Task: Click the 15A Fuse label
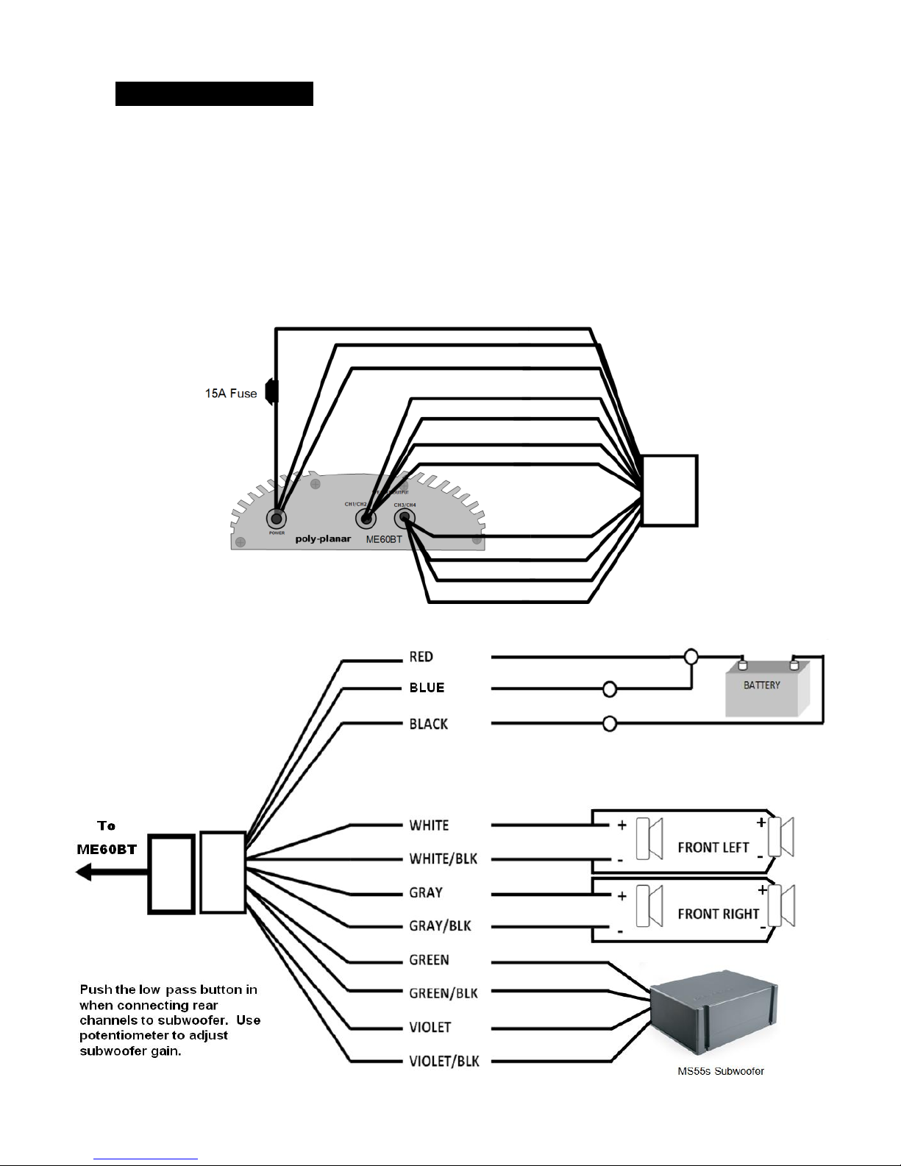231,394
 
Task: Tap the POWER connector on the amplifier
277,519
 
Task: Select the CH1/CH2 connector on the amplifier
366,519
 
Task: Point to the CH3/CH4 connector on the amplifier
404,519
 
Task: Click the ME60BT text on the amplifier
384,539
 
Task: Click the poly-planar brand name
323,538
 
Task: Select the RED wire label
421,656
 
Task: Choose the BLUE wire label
427,688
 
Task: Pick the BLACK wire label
429,724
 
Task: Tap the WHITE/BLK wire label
443,858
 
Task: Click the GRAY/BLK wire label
440,925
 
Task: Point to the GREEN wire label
429,960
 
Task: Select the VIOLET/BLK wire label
444,1061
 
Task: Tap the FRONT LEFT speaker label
713,847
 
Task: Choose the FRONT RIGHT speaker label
718,914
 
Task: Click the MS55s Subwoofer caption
720,1071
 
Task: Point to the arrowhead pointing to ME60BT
84,872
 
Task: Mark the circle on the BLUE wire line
610,689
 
